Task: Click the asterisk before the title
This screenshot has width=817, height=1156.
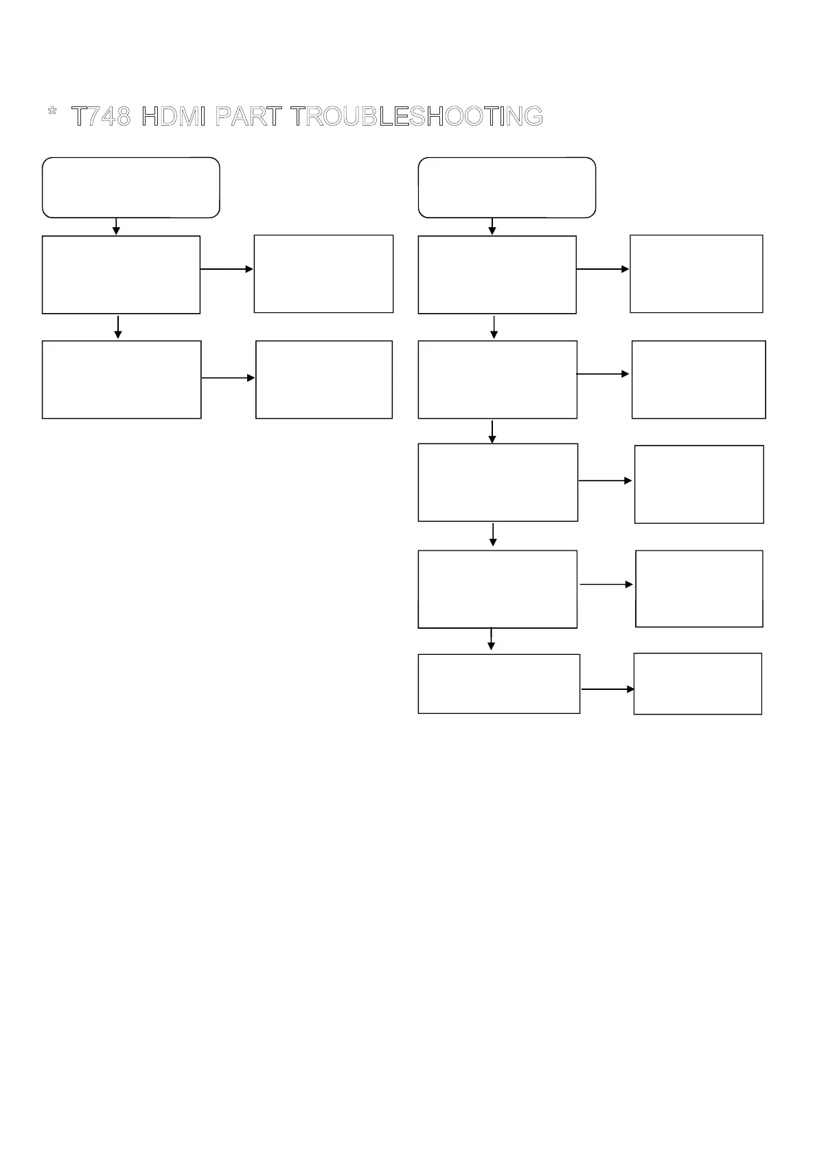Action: click(x=52, y=113)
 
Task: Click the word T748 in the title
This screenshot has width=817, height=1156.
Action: click(x=101, y=117)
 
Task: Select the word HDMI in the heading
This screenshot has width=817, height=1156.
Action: click(x=173, y=117)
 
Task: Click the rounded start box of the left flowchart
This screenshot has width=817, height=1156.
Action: click(x=131, y=187)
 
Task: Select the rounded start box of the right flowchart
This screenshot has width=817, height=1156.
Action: click(x=507, y=187)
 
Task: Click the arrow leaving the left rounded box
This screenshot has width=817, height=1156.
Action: click(x=116, y=227)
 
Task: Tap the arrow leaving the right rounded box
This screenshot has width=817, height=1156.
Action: click(x=492, y=227)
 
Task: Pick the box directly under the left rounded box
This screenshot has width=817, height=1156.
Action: click(x=121, y=275)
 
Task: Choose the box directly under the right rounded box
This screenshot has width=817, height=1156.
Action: click(x=497, y=275)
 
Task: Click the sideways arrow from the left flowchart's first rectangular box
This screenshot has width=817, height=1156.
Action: click(x=227, y=269)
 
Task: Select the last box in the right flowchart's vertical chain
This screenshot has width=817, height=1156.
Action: click(x=498, y=684)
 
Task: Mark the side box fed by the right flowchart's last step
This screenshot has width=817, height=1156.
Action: click(x=698, y=684)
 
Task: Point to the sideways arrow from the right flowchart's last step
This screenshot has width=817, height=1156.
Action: click(x=607, y=689)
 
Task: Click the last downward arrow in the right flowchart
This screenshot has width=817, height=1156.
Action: click(x=491, y=638)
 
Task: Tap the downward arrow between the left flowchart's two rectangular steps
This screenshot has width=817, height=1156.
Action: click(x=118, y=327)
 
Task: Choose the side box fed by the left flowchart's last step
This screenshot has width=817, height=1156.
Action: click(x=324, y=380)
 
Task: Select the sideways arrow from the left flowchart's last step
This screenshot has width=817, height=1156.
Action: click(x=228, y=378)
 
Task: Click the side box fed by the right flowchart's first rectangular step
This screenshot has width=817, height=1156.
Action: click(x=696, y=274)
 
